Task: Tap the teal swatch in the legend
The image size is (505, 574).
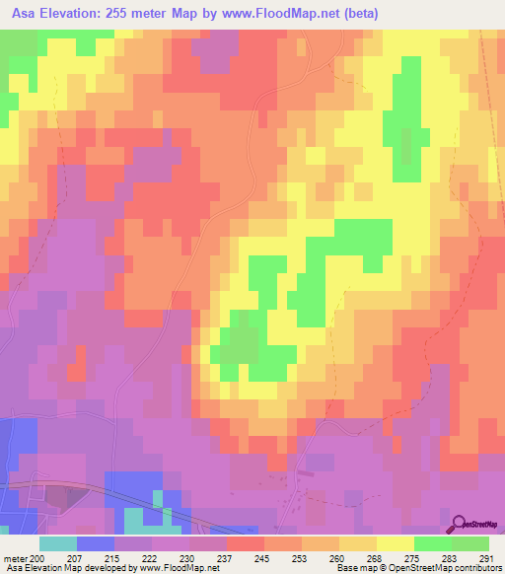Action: [x=58, y=543]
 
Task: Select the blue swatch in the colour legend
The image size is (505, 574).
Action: [x=96, y=543]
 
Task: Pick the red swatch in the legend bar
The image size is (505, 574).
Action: [x=246, y=543]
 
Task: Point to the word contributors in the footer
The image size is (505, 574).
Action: [x=471, y=569]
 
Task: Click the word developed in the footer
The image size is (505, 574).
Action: [x=98, y=569]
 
